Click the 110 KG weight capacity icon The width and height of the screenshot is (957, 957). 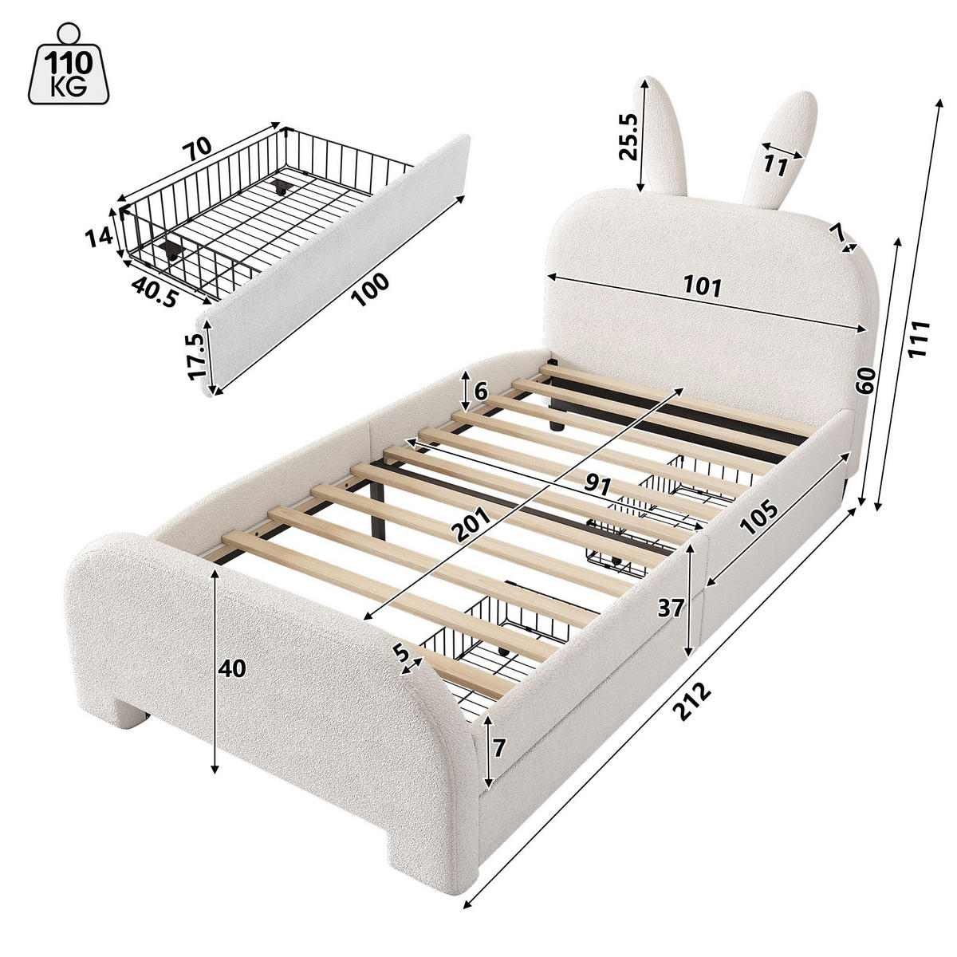69,64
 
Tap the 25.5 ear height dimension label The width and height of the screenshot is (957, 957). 628,136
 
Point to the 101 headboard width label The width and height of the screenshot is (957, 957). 703,286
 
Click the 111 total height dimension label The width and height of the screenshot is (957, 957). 918,339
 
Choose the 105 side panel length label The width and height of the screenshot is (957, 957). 758,517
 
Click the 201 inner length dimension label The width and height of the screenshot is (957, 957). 473,525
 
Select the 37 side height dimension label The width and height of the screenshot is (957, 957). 671,608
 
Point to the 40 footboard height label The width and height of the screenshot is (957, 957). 231,669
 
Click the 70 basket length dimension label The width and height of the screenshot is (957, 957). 197,147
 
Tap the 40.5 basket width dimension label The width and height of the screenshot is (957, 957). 155,292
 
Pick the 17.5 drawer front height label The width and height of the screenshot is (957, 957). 196,356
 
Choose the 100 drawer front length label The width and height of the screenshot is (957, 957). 370,289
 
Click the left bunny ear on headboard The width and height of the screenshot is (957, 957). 661,135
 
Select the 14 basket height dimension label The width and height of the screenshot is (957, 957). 99,238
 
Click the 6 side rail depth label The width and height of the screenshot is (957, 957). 480,392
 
